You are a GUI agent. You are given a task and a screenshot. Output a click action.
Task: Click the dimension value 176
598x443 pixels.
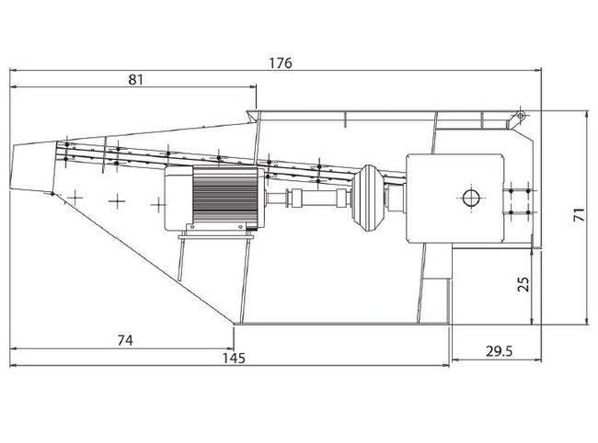pos(281,62)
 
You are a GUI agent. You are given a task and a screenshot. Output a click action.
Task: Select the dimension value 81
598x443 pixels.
pos(136,80)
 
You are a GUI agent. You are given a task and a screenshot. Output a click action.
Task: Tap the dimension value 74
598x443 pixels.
pos(125,340)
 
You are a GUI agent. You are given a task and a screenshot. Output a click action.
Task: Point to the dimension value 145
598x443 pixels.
pos(234,358)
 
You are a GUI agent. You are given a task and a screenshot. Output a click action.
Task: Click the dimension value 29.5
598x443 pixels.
pos(500,351)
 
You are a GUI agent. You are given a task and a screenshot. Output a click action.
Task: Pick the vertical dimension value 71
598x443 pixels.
pos(579,214)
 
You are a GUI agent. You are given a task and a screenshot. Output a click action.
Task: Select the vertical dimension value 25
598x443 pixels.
pos(524,284)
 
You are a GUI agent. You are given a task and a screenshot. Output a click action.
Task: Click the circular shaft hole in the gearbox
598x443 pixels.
pos(471,198)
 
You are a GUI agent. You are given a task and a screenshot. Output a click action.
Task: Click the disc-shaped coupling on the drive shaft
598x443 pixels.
pos(367,198)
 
